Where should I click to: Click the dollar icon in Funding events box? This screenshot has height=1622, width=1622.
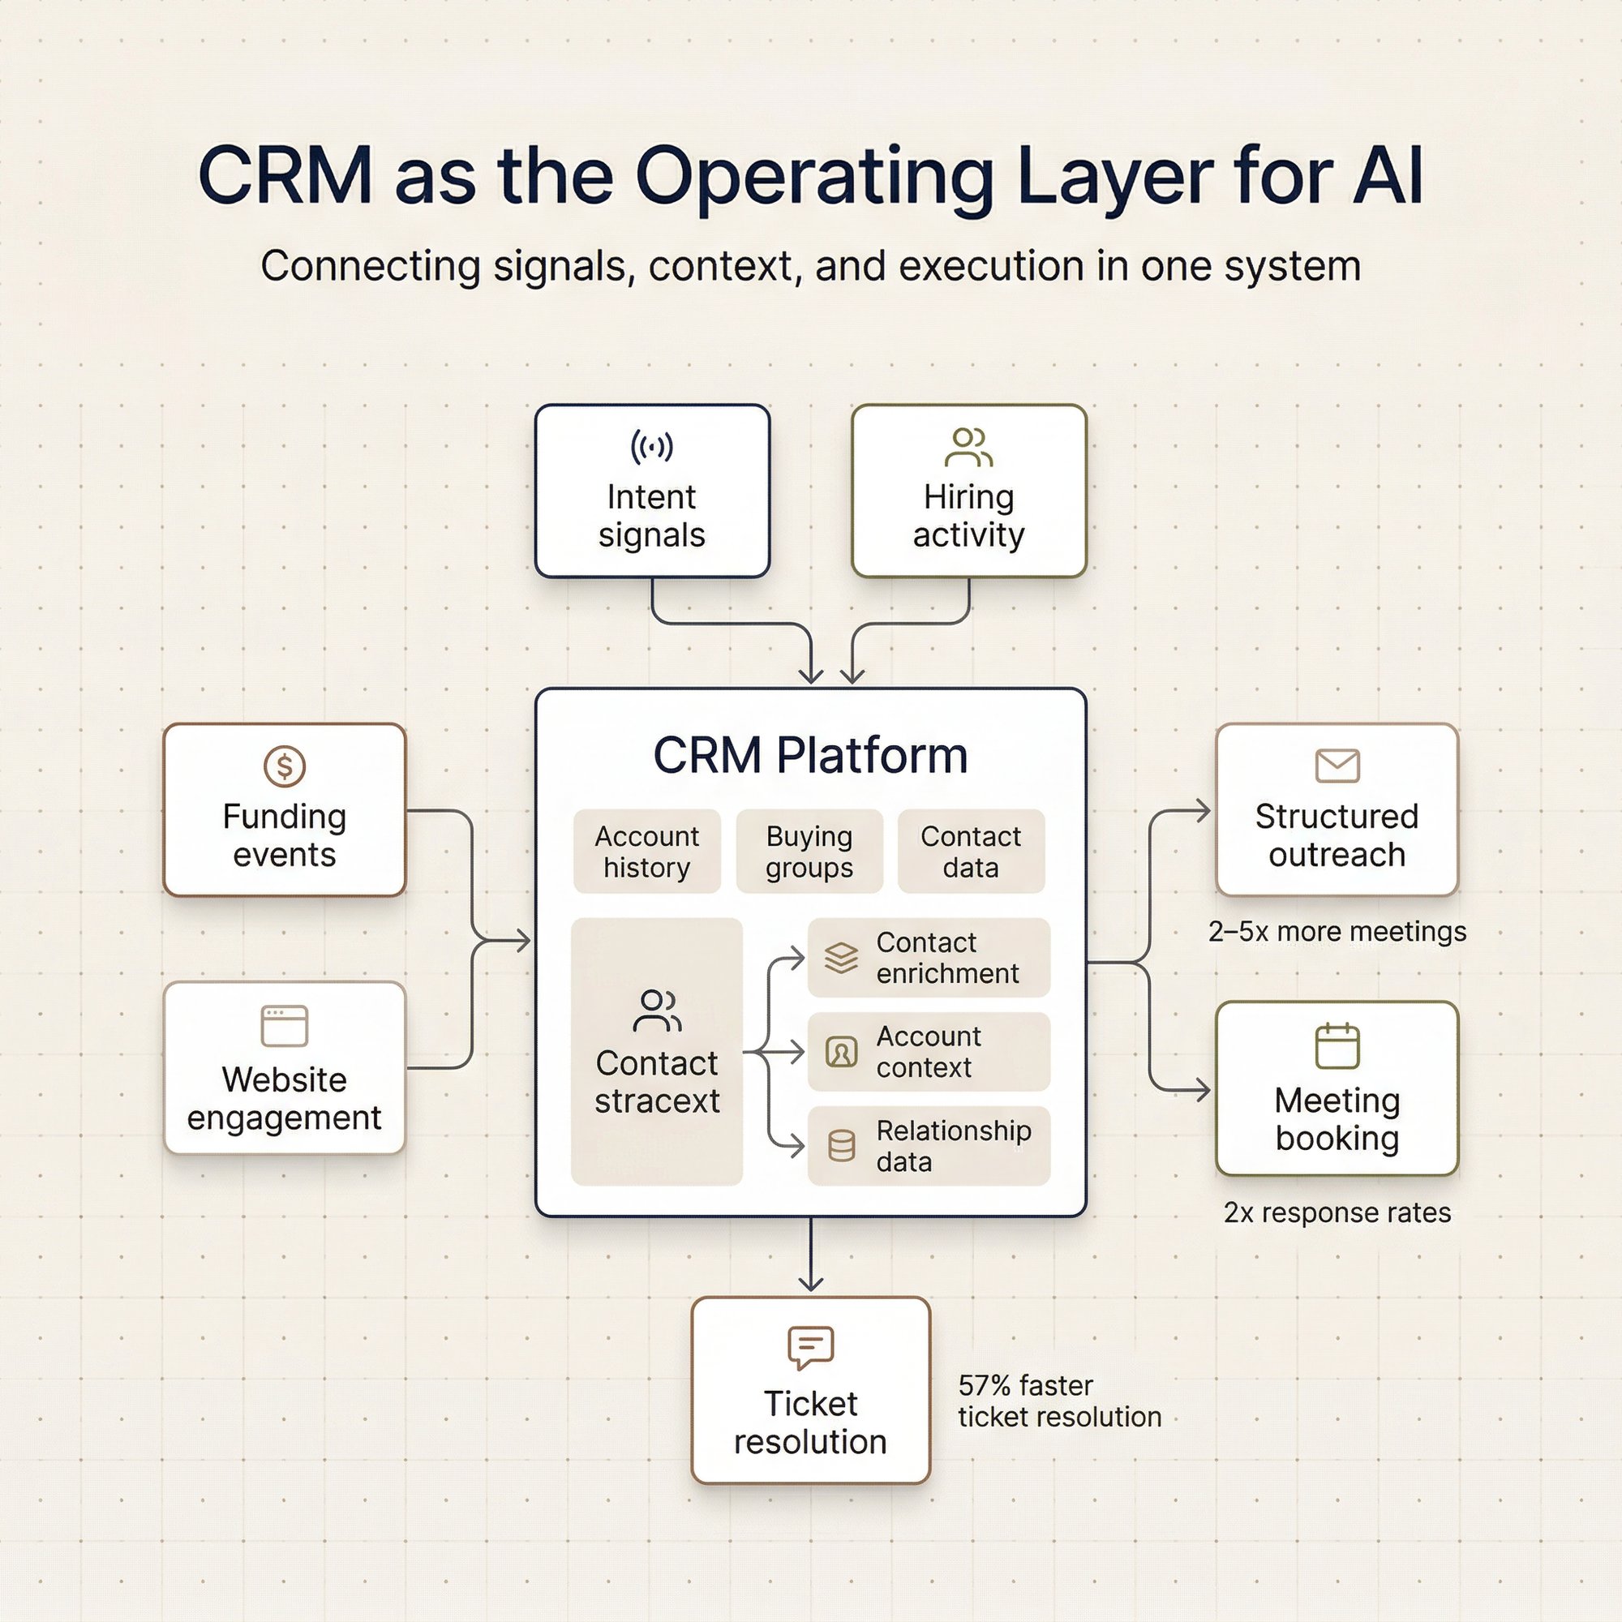(285, 766)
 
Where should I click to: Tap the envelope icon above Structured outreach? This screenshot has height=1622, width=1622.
(1337, 765)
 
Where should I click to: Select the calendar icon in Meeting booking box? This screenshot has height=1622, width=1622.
(1337, 1046)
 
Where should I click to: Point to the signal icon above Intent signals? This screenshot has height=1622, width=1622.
(651, 446)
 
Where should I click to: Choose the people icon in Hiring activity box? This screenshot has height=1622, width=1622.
(968, 447)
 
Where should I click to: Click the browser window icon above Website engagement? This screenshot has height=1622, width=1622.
(285, 1025)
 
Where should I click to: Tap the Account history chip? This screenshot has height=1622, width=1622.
(646, 852)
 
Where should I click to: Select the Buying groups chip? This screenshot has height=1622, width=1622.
(809, 852)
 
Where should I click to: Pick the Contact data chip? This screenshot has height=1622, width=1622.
(971, 852)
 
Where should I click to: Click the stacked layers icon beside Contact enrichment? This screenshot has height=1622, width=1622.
(841, 957)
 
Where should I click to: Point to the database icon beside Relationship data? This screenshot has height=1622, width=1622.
(841, 1145)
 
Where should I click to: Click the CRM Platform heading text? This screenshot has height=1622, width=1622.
(810, 755)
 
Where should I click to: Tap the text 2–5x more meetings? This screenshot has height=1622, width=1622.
(1337, 931)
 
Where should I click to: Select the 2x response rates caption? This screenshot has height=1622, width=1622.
(1337, 1212)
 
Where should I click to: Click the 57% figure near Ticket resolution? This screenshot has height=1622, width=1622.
(984, 1385)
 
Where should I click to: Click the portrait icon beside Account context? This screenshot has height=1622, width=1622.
(841, 1051)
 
